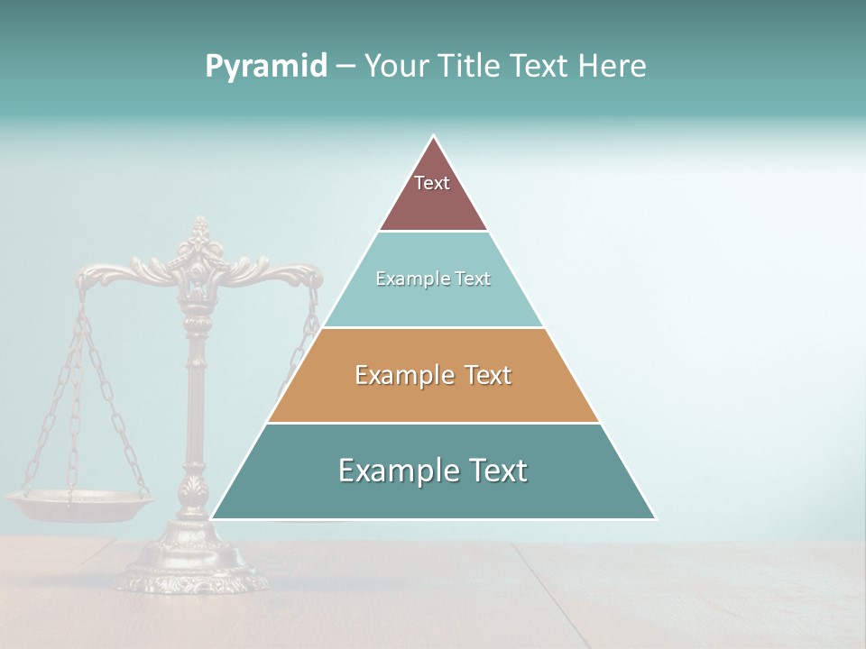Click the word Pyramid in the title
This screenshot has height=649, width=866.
pos(266,66)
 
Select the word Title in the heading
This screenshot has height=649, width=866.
pos(471,66)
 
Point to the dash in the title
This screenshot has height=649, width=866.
pos(345,67)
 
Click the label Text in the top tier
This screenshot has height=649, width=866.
pos(432,183)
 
